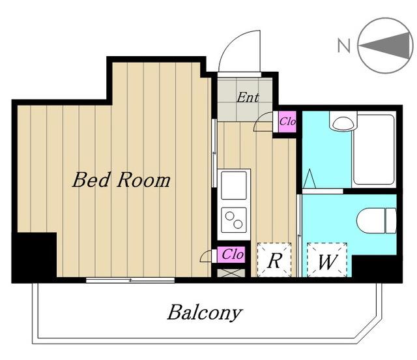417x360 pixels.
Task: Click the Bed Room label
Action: click(x=121, y=180)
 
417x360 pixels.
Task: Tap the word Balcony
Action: click(x=205, y=312)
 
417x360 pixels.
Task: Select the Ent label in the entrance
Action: click(x=248, y=97)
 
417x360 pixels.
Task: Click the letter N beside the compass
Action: click(x=343, y=45)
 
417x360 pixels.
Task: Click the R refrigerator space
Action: click(x=274, y=260)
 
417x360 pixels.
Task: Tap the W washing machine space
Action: click(x=327, y=260)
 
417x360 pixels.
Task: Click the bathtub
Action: click(x=373, y=149)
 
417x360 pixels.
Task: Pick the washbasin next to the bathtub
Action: click(x=343, y=121)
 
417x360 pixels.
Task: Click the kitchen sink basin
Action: click(x=234, y=185)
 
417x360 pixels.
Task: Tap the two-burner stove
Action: click(x=234, y=220)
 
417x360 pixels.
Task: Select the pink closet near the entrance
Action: click(x=287, y=122)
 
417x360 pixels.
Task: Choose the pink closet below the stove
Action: click(x=231, y=254)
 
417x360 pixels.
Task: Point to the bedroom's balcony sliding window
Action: click(x=130, y=280)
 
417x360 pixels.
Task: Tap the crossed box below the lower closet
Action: click(x=231, y=273)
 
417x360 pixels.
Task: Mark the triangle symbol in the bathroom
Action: click(x=309, y=179)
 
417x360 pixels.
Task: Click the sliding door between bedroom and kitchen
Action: click(x=214, y=153)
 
